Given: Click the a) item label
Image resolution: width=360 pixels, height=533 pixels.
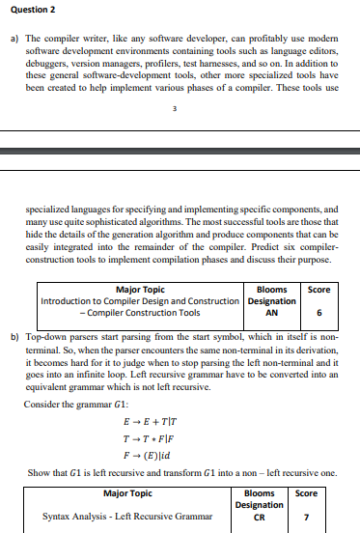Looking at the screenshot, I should coord(14,35).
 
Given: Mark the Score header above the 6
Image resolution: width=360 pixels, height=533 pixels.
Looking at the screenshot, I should coord(318,288).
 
